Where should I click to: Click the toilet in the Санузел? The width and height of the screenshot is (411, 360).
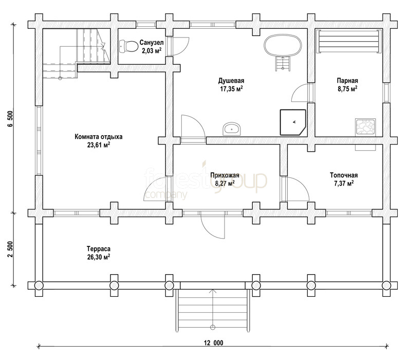(128, 46)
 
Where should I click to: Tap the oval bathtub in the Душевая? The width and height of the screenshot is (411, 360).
(283, 46)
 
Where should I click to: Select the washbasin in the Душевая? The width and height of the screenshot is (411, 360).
(232, 129)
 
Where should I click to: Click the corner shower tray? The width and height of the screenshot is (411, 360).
(293, 122)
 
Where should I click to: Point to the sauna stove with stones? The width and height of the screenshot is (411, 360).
(365, 127)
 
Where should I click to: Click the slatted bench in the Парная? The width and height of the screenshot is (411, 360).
(349, 42)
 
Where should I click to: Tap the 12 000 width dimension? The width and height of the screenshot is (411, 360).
(213, 343)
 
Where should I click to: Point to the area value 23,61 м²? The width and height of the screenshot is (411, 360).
(99, 145)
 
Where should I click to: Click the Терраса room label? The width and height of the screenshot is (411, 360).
(99, 248)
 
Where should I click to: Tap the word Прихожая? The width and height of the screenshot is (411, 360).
(225, 175)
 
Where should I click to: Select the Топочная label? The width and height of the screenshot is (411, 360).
(344, 175)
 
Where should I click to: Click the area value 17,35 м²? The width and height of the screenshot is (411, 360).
(231, 88)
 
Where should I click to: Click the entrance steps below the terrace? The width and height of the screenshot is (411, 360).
(213, 310)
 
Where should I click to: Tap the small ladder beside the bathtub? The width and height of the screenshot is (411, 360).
(283, 63)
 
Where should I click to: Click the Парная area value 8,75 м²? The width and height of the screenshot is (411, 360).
(347, 88)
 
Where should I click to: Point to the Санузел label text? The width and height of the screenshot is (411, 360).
(152, 42)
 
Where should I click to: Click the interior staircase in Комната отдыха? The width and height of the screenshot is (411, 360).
(76, 54)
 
